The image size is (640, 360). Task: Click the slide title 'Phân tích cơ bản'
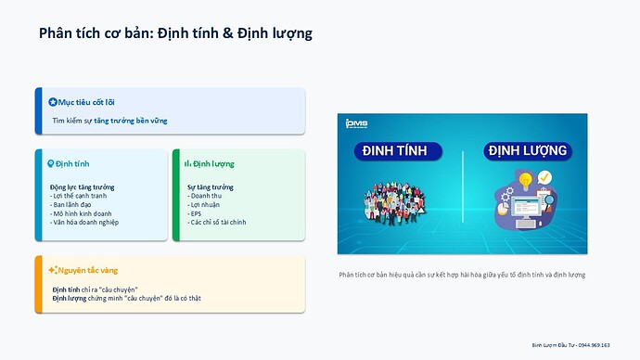click(96, 33)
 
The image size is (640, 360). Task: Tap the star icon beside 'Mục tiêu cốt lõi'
click(52, 101)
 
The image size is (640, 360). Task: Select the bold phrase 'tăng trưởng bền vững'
click(130, 121)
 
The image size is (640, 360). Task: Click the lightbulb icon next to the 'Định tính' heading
click(51, 163)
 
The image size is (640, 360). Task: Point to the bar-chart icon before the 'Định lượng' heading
click(187, 163)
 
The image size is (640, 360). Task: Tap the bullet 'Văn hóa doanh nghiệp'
click(86, 222)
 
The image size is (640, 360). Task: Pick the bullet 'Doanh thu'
click(206, 196)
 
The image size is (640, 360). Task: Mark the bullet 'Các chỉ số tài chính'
click(218, 222)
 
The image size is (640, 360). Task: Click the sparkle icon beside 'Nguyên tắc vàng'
click(52, 270)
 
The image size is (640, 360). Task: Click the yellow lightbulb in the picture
click(524, 179)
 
